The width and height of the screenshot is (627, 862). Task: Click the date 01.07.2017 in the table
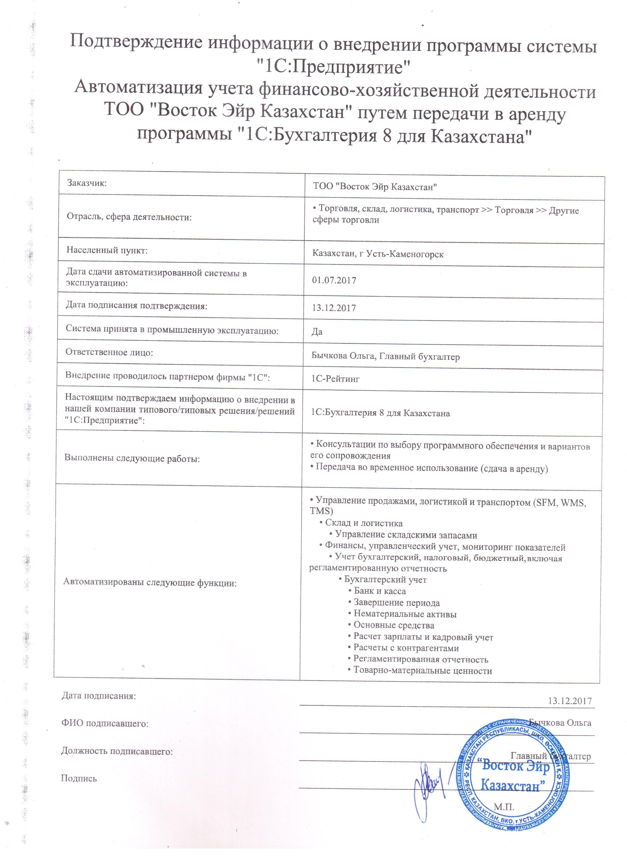click(334, 280)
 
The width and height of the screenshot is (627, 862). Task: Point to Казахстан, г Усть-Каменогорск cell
click(378, 254)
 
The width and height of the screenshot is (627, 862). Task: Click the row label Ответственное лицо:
click(109, 352)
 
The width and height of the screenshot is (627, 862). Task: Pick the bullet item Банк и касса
click(380, 591)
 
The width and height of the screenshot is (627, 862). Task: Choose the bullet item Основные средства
click(394, 625)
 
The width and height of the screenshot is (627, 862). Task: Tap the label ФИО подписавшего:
click(105, 723)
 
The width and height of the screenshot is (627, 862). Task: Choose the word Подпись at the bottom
click(79, 779)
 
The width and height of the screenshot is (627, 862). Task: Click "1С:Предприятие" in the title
click(334, 68)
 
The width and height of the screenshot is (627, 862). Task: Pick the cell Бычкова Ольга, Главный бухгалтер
click(385, 357)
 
